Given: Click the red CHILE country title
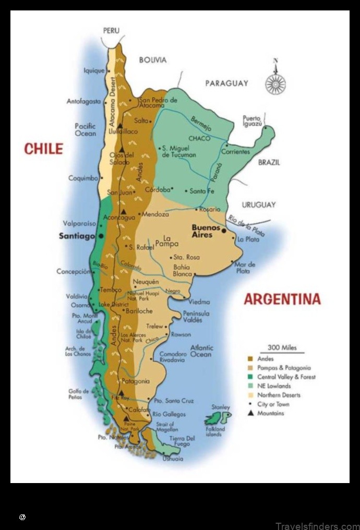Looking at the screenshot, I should (43, 149).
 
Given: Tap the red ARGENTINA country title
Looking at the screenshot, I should (282, 299).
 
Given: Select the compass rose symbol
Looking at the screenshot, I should (275, 83).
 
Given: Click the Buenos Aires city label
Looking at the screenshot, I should (206, 231).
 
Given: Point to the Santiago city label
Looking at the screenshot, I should (77, 236).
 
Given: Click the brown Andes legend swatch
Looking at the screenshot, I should (250, 359).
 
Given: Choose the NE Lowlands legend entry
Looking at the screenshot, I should (274, 386).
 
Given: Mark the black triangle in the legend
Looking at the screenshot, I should (250, 413).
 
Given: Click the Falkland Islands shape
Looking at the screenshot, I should (218, 417).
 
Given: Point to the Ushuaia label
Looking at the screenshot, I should (173, 459).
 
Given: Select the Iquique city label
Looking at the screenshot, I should (94, 70).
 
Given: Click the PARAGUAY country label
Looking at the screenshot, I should (226, 83).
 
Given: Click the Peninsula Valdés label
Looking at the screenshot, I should (196, 317).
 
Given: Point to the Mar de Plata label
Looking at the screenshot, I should (245, 268).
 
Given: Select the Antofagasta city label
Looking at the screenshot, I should (83, 101).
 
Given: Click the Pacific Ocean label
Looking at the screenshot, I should (86, 129).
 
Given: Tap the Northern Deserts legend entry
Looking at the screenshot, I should (279, 395).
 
